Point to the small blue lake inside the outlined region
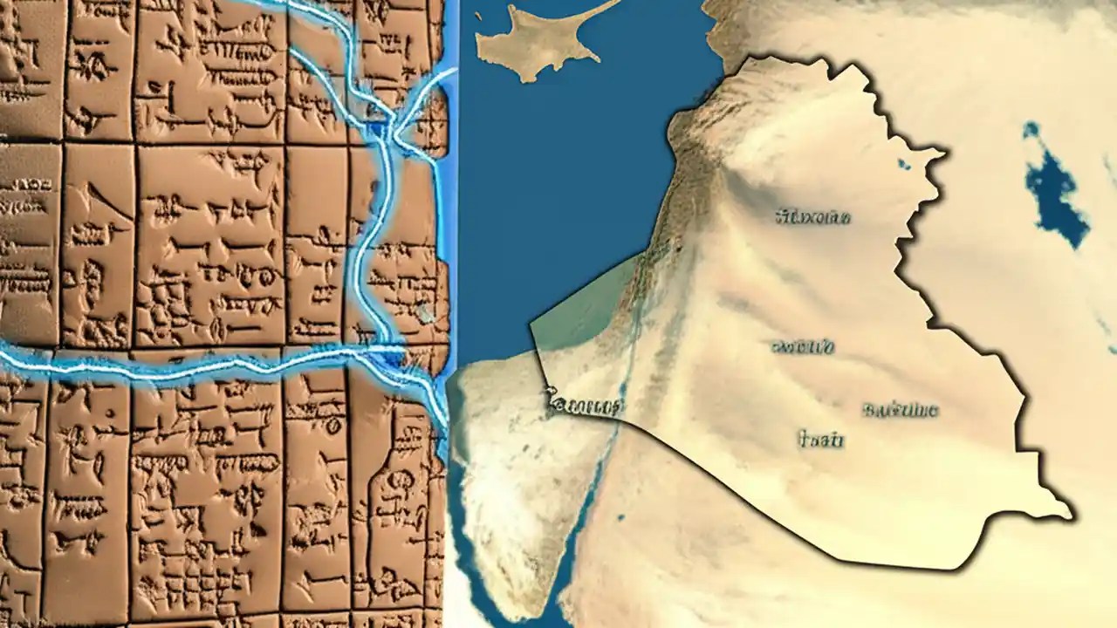903,163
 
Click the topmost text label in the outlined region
812,216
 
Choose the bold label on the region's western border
585,405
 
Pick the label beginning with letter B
899,410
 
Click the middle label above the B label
802,347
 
